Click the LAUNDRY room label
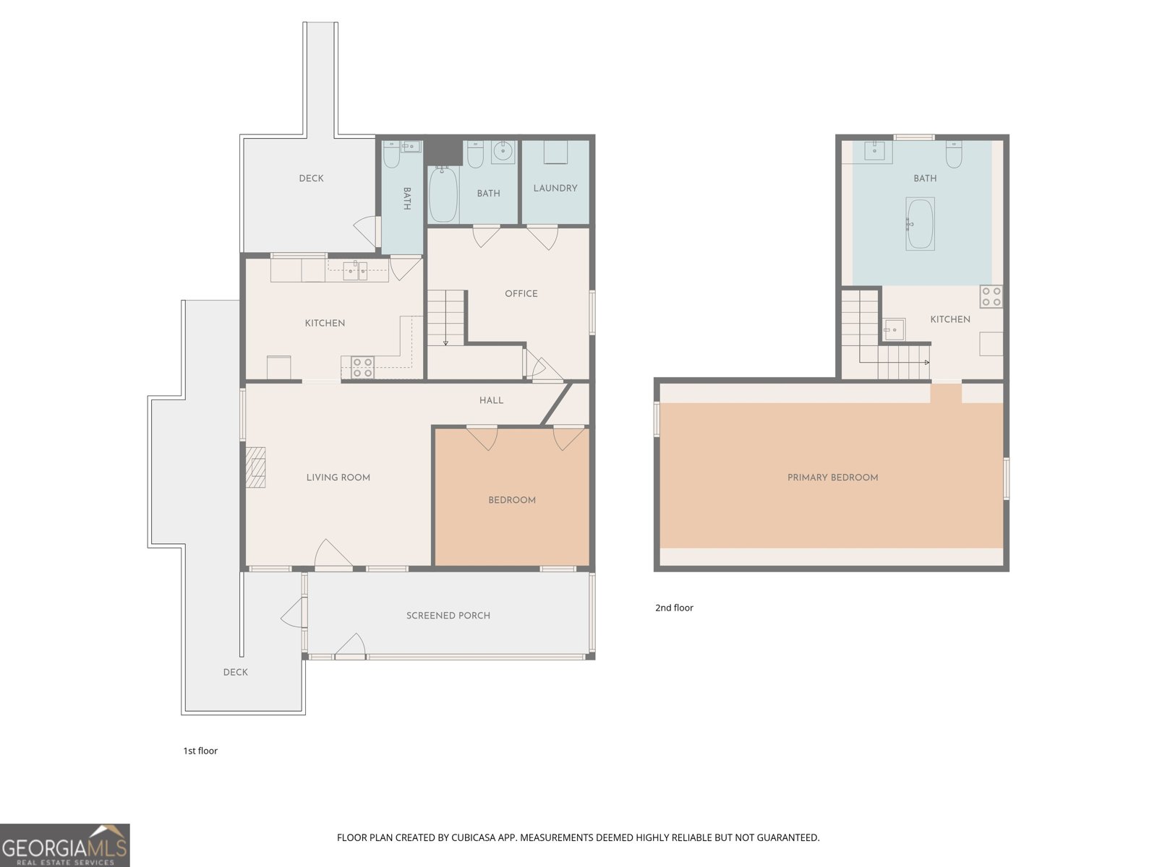click(555, 188)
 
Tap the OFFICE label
click(521, 294)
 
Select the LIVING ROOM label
click(338, 478)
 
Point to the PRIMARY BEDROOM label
click(833, 478)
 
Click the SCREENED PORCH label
click(448, 616)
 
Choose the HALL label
click(491, 400)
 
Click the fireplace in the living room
click(256, 467)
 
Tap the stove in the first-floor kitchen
click(363, 367)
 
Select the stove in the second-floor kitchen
click(991, 296)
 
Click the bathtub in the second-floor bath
click(921, 224)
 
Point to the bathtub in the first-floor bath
click(443, 194)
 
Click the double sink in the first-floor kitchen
click(355, 271)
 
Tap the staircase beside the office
click(446, 318)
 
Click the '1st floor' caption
click(200, 751)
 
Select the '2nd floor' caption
click(674, 608)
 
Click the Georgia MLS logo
click(65, 845)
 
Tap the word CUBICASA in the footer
click(472, 837)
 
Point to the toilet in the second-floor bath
click(954, 154)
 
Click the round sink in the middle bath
click(503, 152)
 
